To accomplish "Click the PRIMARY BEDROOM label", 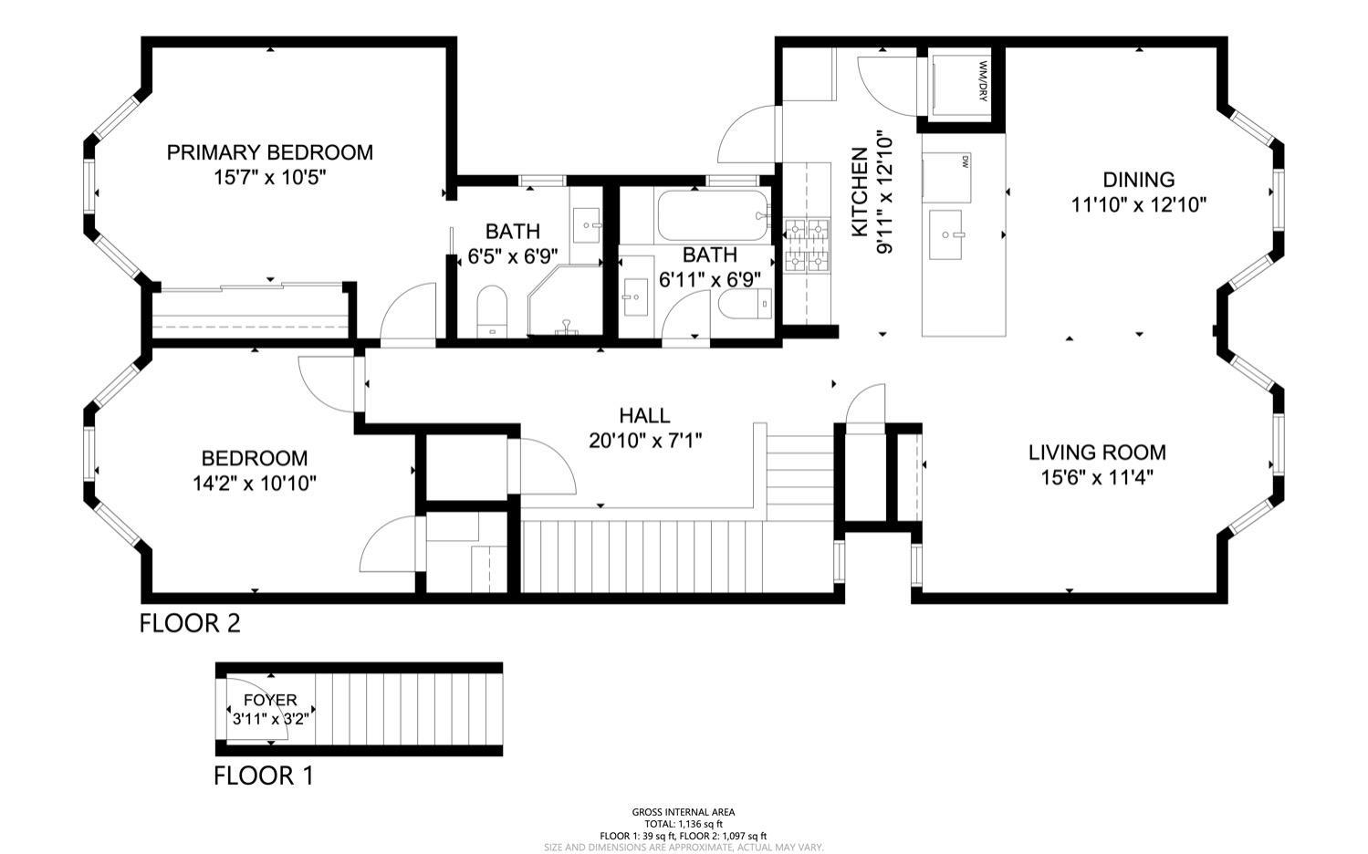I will tap(269, 152).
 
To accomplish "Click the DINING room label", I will tap(1138, 180).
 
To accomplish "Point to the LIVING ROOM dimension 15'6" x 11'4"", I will tap(1096, 476).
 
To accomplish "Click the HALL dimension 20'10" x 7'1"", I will tap(644, 441).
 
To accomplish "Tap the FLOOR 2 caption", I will tap(190, 623).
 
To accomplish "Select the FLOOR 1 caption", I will tap(263, 776).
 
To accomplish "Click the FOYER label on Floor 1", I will tap(270, 700).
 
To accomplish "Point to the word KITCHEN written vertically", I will tap(859, 193).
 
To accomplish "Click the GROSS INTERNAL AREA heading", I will tap(683, 811).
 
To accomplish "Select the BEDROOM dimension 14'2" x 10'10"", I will tap(255, 483).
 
